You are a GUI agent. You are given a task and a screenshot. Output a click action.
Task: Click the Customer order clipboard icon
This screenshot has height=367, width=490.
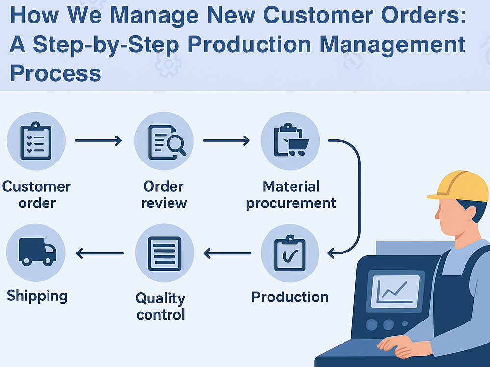tap(36, 141)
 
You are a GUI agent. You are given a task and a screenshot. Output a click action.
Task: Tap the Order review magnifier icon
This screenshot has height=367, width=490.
tap(164, 141)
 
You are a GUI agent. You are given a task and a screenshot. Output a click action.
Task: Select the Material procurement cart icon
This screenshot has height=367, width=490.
tap(290, 141)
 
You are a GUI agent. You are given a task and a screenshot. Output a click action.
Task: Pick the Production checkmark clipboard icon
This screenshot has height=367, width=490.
tap(290, 253)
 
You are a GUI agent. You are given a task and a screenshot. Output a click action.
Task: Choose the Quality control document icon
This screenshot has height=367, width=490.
tap(165, 253)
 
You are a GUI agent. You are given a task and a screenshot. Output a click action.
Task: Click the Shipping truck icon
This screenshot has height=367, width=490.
tap(36, 252)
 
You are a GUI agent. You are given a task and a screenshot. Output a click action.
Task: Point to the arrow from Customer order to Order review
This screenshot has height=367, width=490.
tap(98, 141)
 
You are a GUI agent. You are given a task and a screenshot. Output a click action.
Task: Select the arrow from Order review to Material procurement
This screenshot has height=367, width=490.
tap(226, 141)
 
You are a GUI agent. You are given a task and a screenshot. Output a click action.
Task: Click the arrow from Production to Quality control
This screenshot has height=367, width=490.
tap(227, 253)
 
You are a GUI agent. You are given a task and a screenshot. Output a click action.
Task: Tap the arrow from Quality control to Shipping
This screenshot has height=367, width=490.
tap(100, 253)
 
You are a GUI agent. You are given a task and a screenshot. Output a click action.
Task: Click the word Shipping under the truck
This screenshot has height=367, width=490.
tap(37, 296)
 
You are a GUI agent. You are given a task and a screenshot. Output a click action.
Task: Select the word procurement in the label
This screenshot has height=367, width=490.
tap(291, 203)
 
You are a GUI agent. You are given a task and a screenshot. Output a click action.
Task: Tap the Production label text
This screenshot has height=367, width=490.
tap(290, 297)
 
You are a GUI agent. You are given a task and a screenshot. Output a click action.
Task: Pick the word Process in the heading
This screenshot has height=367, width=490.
tap(55, 73)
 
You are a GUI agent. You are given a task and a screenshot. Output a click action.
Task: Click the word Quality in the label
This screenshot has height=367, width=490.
tap(160, 298)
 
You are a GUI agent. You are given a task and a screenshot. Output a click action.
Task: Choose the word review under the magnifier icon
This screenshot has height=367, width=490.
tap(164, 203)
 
